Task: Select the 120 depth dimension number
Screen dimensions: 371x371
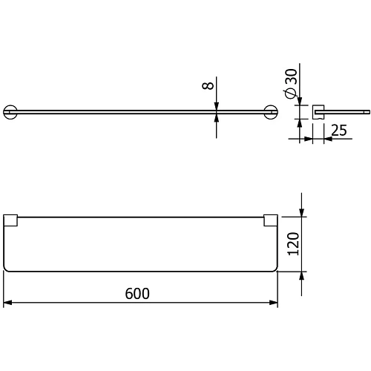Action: (292, 243)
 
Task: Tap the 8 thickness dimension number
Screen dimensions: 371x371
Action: (209, 86)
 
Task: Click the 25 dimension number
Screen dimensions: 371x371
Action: (339, 131)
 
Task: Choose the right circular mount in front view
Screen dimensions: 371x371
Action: (271, 112)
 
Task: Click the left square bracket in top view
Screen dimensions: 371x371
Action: (10, 220)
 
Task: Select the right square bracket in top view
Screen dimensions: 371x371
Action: (271, 220)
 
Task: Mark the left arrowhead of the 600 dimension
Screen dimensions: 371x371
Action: (7, 303)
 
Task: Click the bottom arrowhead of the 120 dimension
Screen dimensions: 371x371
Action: (301, 275)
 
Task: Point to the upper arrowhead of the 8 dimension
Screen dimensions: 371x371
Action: (216, 105)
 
